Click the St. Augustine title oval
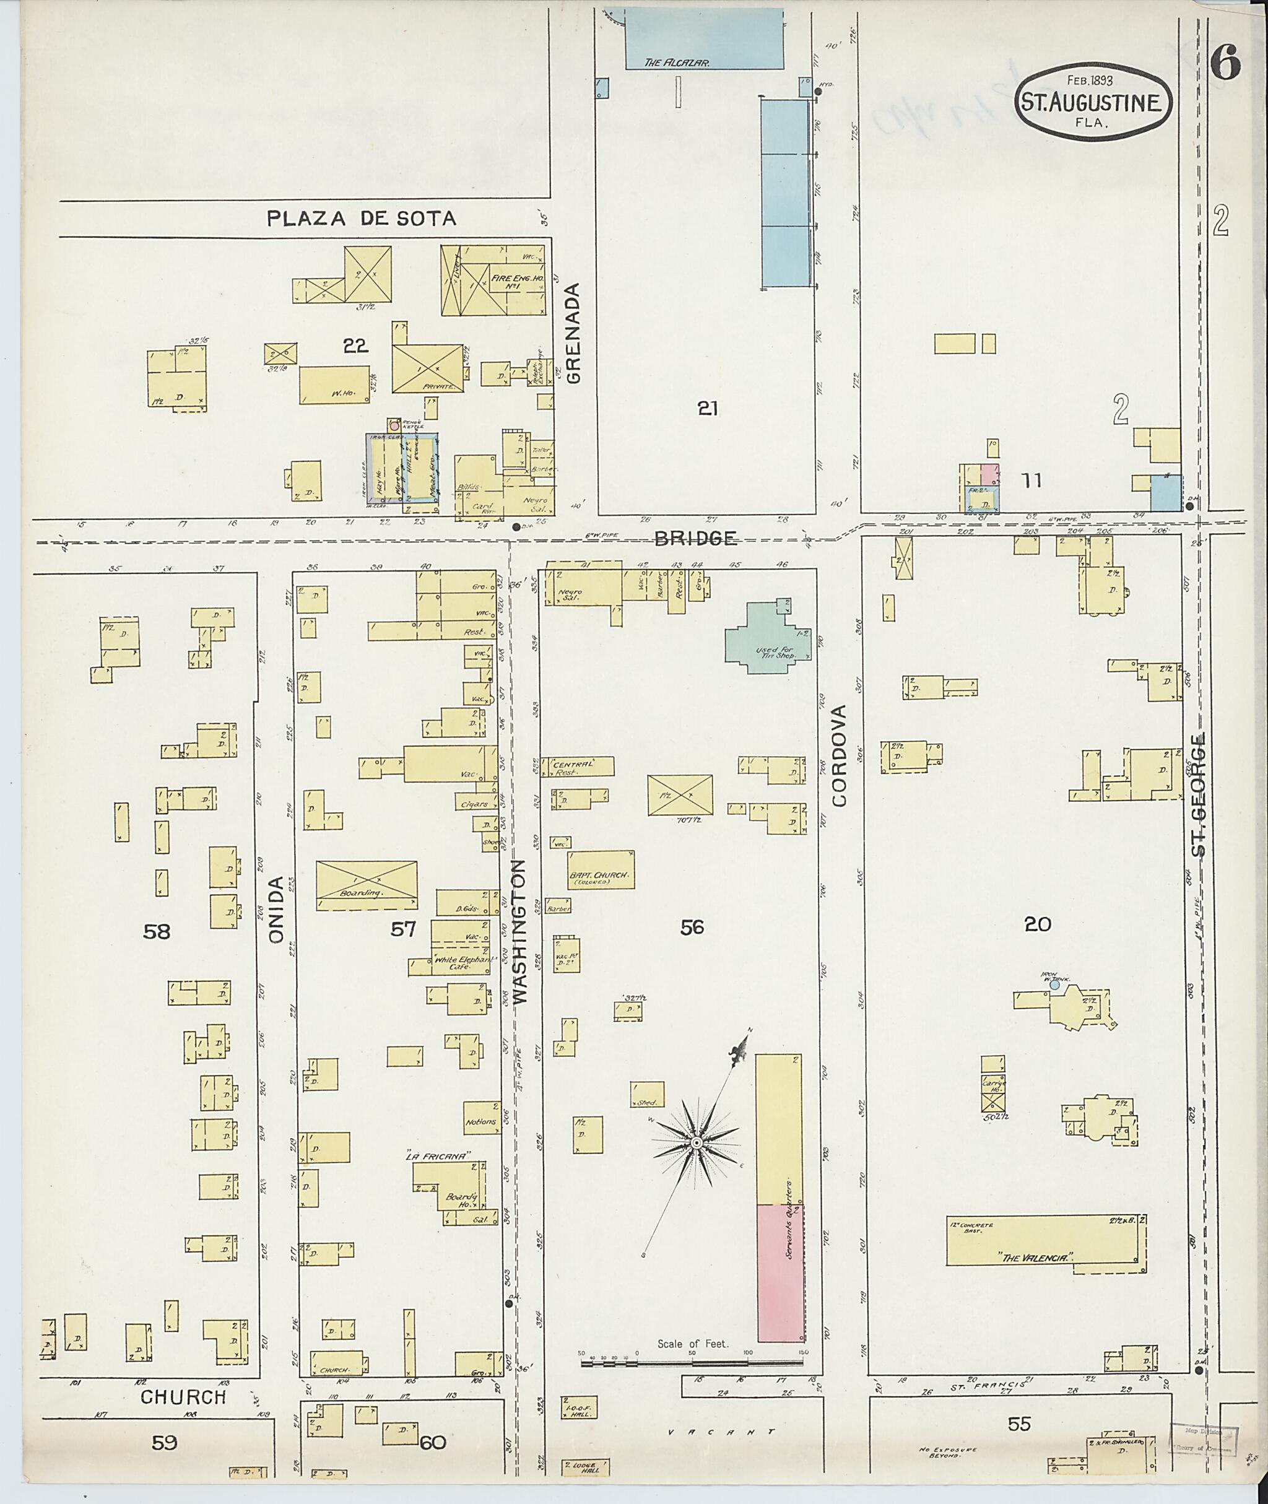tap(1093, 102)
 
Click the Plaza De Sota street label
tap(361, 219)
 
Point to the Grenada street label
tap(573, 333)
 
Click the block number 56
tap(692, 928)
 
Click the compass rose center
tap(696, 1143)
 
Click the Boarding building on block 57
tap(367, 885)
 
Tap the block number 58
tap(156, 932)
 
